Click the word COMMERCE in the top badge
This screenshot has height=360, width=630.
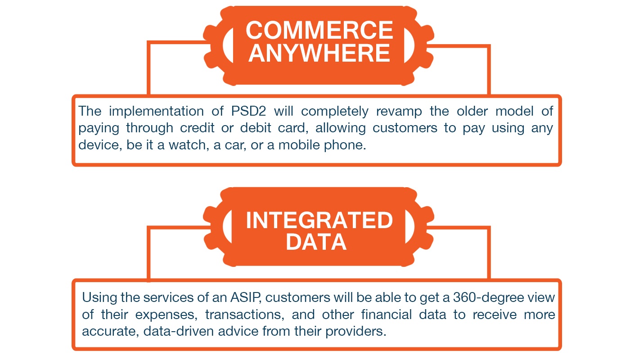click(319, 30)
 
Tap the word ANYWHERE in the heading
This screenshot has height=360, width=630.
click(319, 53)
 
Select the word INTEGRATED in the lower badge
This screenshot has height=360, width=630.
click(319, 220)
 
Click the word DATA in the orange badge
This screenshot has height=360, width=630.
click(316, 242)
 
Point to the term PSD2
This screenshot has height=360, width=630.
click(248, 111)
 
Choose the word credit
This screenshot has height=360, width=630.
click(197, 128)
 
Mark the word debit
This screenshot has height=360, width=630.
click(255, 128)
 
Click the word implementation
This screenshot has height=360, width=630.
click(156, 112)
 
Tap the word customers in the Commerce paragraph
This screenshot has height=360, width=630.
click(405, 128)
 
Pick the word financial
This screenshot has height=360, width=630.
click(387, 315)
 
